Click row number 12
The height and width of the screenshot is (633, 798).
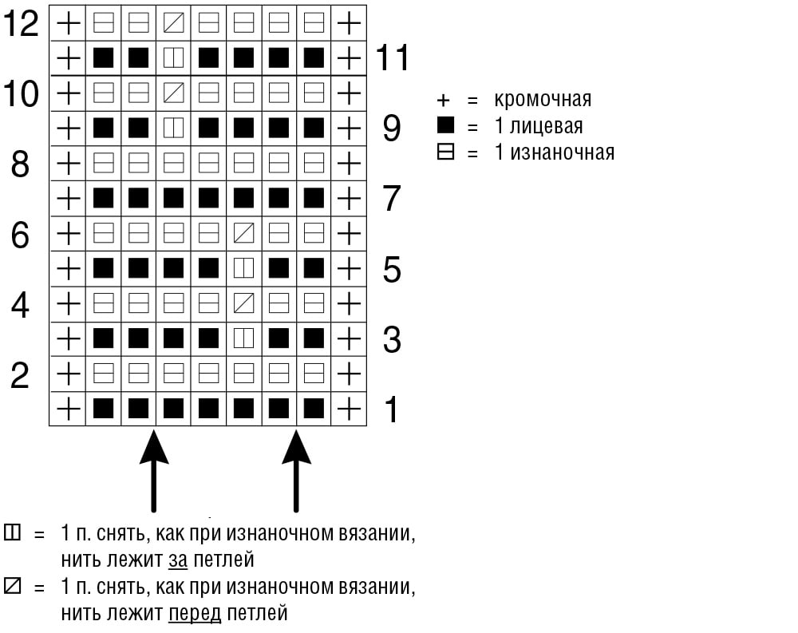pos(21,23)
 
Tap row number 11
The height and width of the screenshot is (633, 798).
pos(393,57)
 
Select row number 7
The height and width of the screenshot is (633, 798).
pos(391,199)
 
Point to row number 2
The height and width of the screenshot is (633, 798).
pos(20,375)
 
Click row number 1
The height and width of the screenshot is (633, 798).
pos(391,409)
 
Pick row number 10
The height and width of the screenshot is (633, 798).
pos(21,93)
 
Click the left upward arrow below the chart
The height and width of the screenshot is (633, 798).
pos(154,470)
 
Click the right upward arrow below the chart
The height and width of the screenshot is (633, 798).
pos(296,470)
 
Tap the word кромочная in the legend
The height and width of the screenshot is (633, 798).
pos(543,99)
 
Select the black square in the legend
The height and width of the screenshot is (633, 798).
pos(445,125)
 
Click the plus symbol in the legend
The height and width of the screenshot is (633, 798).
pos(443,101)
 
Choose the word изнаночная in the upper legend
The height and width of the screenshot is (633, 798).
pos(563,152)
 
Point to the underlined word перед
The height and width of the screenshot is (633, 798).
pos(195,613)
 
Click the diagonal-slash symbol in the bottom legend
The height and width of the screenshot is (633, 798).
pos(12,586)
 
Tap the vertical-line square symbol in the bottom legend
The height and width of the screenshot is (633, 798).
pos(12,532)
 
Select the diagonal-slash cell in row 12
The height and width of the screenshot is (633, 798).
pos(173,23)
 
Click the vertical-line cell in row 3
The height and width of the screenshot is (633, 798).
pos(243,338)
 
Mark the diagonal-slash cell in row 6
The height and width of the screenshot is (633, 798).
pos(243,234)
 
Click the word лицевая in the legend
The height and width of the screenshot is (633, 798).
pos(546,126)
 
